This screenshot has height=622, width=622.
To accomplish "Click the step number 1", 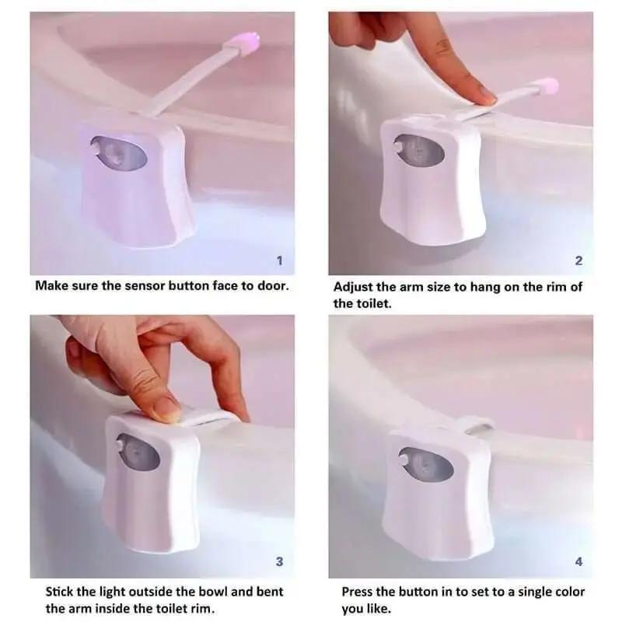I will [280, 260].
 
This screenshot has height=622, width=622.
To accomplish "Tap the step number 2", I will [578, 260].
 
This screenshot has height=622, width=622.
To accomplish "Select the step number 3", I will [280, 561].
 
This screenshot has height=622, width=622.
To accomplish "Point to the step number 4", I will [578, 561].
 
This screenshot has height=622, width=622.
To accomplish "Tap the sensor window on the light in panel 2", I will [418, 149].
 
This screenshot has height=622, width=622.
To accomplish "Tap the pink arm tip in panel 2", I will [547, 86].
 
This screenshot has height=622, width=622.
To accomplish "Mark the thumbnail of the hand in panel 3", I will [167, 409].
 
